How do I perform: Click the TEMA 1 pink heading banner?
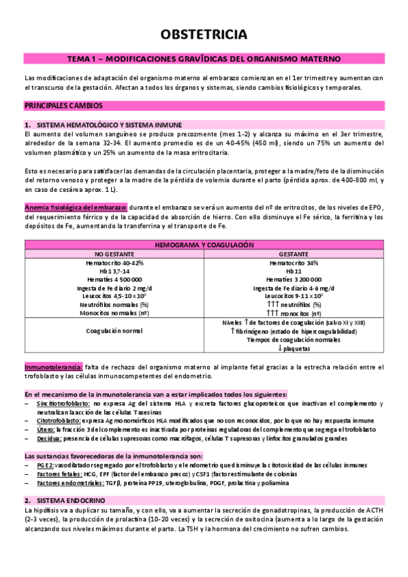click(204, 59)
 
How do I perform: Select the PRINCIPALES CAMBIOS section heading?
click(64, 106)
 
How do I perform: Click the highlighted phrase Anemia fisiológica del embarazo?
click(75, 207)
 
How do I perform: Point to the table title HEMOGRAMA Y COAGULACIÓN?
click(204, 244)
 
